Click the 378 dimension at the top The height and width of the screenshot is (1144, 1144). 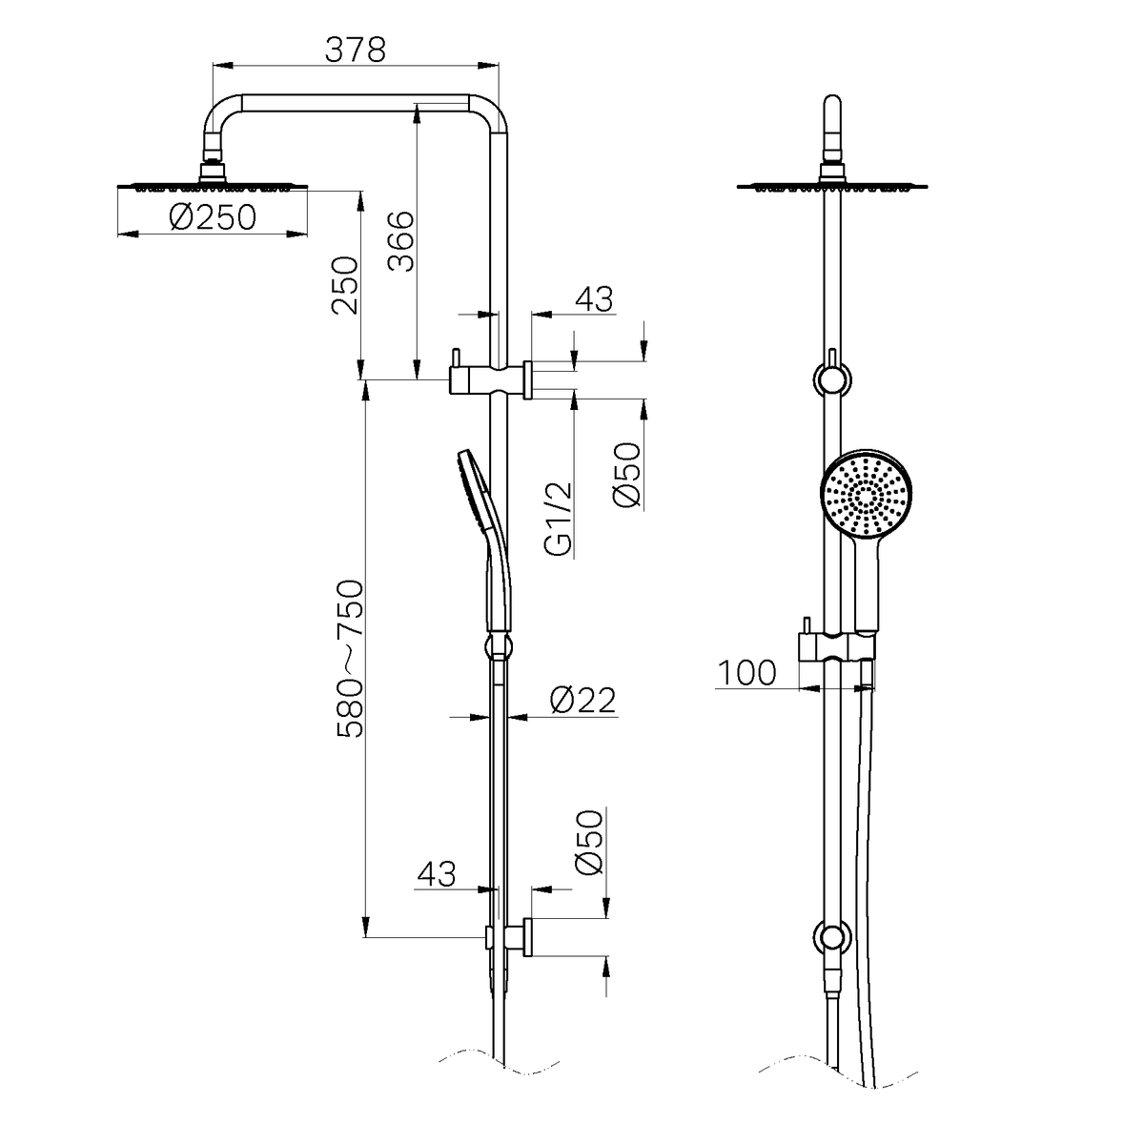point(355,50)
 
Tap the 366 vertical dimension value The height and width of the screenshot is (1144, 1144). point(400,241)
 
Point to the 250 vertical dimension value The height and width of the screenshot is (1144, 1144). point(345,285)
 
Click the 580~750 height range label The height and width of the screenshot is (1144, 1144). point(350,659)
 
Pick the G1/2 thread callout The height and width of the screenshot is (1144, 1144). point(559,520)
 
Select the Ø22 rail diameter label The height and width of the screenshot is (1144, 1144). point(582,700)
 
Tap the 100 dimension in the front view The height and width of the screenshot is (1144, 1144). point(746,673)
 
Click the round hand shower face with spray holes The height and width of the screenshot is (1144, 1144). point(867,494)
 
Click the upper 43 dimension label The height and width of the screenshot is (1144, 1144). point(594,298)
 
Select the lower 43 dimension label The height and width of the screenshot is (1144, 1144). point(437,874)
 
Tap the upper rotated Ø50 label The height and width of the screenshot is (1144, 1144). point(627,475)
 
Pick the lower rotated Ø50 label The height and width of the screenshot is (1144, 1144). point(589,841)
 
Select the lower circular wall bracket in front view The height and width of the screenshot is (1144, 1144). point(832,938)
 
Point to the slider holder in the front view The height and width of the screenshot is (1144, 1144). point(836,646)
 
